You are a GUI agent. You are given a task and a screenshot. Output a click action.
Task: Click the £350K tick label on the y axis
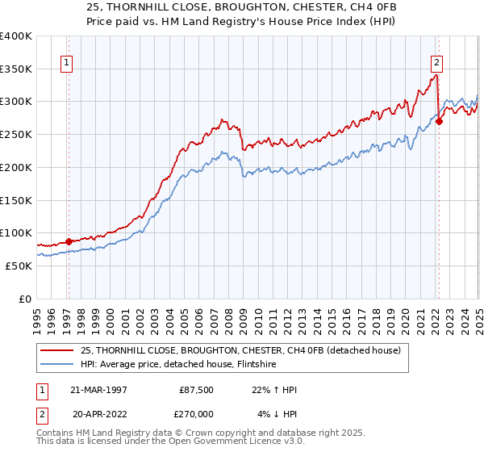pyautogui.click(x=16, y=69)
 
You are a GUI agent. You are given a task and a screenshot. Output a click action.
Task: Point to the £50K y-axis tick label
pyautogui.click(x=19, y=266)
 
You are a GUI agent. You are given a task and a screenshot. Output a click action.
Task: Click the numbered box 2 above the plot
pyautogui.click(x=436, y=62)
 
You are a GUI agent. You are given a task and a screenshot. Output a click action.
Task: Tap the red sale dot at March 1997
pyautogui.click(x=69, y=241)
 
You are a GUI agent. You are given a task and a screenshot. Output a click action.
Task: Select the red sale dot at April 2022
pyautogui.click(x=439, y=122)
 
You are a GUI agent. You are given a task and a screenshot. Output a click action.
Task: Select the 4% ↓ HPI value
pyautogui.click(x=277, y=413)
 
